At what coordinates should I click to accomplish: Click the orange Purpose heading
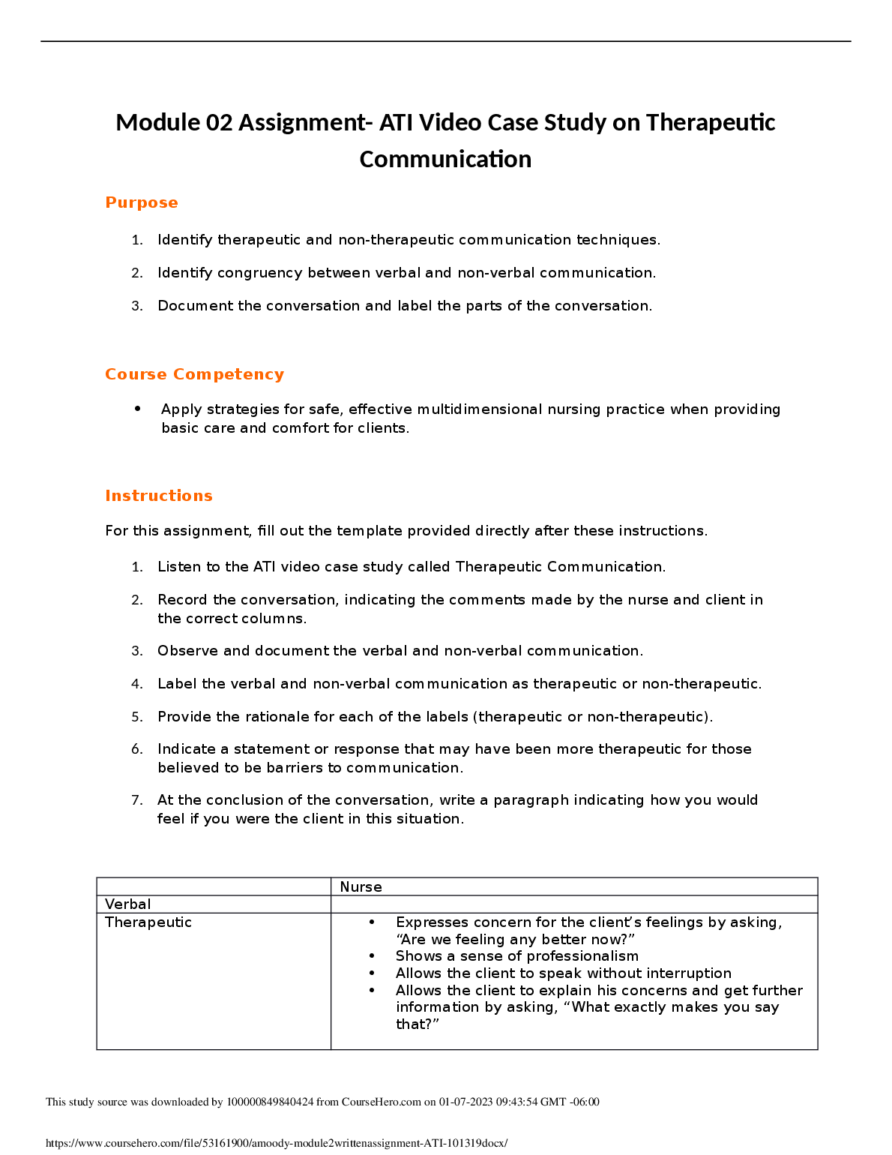pos(142,202)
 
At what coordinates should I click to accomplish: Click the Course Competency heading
pos(194,374)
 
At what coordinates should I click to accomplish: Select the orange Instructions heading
pos(159,496)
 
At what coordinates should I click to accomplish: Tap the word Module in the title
pos(157,122)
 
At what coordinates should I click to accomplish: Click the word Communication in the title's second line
pos(445,159)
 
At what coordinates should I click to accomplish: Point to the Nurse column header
pos(361,886)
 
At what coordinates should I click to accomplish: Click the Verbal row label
pos(128,904)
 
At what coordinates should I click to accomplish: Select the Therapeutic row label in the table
pos(148,922)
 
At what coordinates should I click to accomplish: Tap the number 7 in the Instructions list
pos(136,800)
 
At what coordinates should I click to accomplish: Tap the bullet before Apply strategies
pos(138,409)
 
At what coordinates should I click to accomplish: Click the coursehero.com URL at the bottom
pos(277,1144)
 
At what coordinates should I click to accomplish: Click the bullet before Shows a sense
pos(372,956)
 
